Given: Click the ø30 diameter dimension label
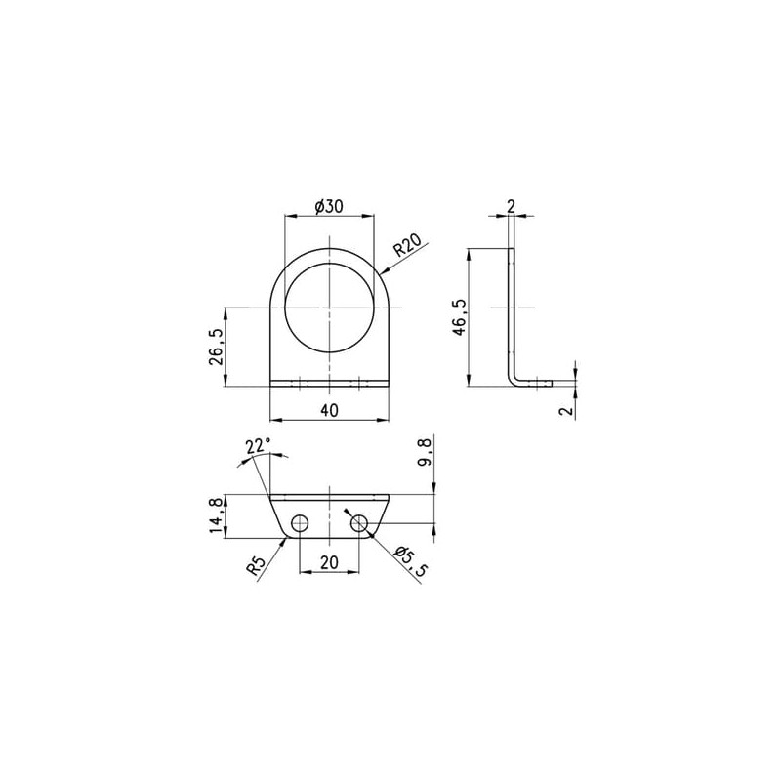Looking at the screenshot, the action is click(329, 206).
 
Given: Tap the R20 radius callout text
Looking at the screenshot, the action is click(408, 245).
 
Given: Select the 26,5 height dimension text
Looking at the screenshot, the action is click(216, 347).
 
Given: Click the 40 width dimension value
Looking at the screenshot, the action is click(329, 410).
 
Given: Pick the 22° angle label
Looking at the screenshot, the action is click(259, 446).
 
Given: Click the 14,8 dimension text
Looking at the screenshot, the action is click(216, 517).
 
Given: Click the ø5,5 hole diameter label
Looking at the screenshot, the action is click(410, 561).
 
